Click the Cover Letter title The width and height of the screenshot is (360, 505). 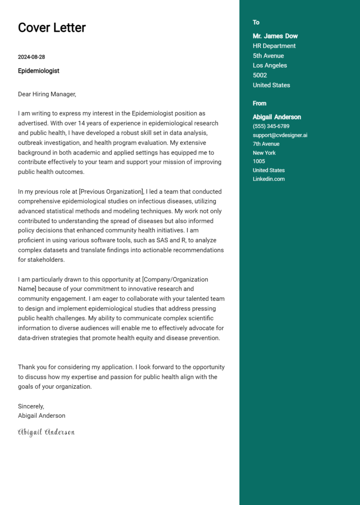click(x=52, y=28)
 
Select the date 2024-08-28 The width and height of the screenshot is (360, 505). click(x=31, y=57)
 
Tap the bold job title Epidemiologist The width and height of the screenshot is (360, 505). click(x=38, y=71)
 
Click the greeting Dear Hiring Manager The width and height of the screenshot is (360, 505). click(x=47, y=94)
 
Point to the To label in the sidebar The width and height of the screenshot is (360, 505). click(x=256, y=22)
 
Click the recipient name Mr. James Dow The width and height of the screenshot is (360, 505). click(x=275, y=36)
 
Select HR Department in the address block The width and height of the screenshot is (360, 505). click(x=274, y=46)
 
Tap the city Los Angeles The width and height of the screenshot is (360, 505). click(x=270, y=66)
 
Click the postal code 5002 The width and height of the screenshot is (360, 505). click(x=260, y=75)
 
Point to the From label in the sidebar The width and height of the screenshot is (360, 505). click(x=259, y=104)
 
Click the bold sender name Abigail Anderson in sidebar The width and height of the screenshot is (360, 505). click(x=277, y=117)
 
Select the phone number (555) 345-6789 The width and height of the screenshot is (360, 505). click(x=271, y=126)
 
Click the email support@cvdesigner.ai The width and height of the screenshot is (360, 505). click(x=280, y=135)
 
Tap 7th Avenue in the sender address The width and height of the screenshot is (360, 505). click(x=266, y=144)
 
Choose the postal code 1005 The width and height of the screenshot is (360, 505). click(x=259, y=161)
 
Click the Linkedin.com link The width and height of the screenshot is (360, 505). click(x=269, y=179)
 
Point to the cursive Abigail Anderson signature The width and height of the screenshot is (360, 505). click(x=46, y=432)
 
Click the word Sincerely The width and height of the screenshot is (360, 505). click(x=31, y=406)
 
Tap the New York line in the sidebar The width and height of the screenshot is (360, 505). click(x=264, y=153)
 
